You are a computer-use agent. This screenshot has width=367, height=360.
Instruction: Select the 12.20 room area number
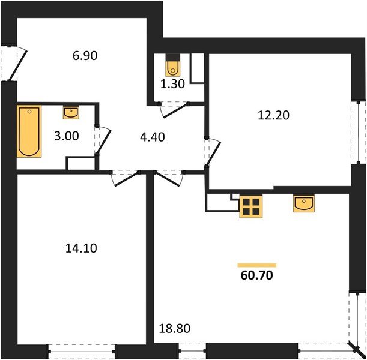[276, 115]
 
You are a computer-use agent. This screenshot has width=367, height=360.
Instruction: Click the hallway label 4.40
[153, 136]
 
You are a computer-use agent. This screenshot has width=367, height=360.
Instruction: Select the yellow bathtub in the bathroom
[29, 131]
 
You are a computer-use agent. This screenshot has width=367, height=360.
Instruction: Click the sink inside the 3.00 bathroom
[70, 112]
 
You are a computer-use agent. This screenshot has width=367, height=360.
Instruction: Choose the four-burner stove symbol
[250, 207]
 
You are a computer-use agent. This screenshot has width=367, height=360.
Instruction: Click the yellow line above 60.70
[257, 265]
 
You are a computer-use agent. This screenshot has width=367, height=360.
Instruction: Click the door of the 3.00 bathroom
[103, 140]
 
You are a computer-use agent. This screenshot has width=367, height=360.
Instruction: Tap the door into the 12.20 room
[212, 152]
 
